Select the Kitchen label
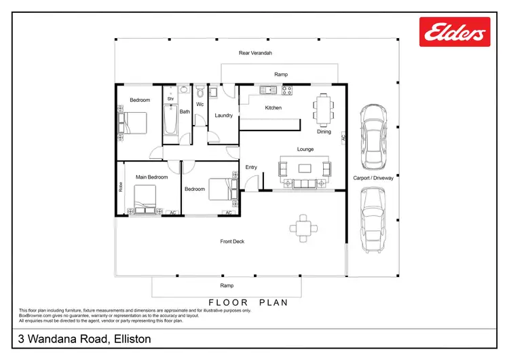[274, 108]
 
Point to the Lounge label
[305, 148]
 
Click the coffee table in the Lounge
[305, 168]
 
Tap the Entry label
[251, 167]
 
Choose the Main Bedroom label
[152, 177]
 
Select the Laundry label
[224, 115]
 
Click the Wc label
[200, 105]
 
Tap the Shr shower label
[170, 98]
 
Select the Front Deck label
[232, 242]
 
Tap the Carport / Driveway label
[373, 179]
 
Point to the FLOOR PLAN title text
[248, 302]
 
